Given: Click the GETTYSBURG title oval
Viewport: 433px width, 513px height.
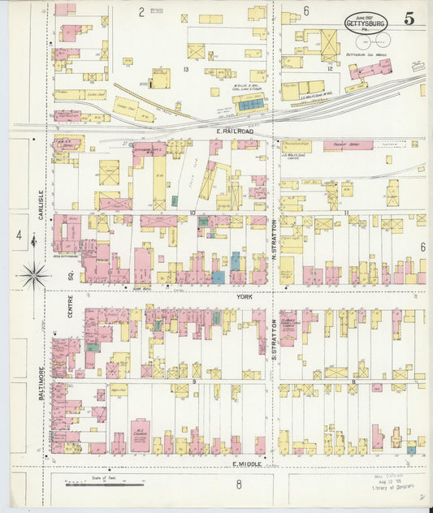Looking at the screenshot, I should [x=366, y=23].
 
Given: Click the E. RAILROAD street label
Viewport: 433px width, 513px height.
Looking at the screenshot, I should [x=235, y=131].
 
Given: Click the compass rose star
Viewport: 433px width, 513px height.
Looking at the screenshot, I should [x=33, y=276].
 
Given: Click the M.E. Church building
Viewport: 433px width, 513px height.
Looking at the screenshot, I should [x=139, y=435].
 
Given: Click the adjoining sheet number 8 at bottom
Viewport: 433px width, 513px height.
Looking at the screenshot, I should [x=239, y=485].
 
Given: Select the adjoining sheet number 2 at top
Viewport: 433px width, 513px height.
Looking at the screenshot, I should [x=140, y=11].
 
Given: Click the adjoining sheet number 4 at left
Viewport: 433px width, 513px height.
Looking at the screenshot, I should [x=18, y=235].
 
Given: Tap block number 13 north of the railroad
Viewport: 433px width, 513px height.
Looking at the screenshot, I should [x=185, y=71].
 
